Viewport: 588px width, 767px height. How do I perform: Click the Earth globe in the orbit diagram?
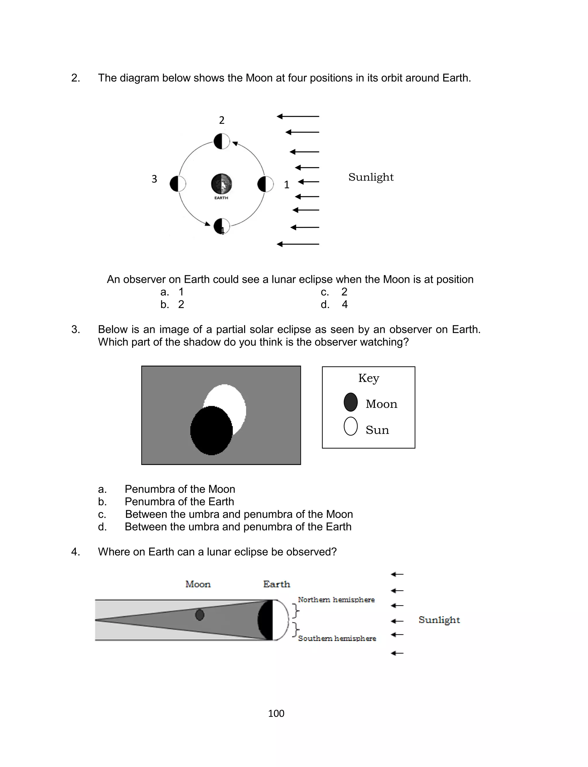[221, 184]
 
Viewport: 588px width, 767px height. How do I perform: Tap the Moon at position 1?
[265, 184]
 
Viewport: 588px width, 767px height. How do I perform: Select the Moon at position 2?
[222, 141]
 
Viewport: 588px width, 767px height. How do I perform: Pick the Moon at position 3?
[177, 184]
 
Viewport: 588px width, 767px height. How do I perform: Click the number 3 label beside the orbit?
[154, 179]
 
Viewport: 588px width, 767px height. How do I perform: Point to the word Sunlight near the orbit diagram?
[371, 177]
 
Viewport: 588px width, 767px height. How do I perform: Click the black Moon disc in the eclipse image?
[211, 430]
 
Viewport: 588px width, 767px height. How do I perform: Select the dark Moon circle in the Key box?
[350, 402]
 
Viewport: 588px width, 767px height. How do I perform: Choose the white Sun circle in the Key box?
[350, 426]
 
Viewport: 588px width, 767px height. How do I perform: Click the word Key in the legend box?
[369, 378]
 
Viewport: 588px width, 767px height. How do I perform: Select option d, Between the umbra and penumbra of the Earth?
[238, 526]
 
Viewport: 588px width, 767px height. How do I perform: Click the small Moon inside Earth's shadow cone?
[200, 615]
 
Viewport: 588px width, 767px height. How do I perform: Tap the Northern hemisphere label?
[336, 599]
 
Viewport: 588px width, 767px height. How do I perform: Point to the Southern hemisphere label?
[337, 638]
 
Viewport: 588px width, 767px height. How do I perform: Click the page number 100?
[276, 714]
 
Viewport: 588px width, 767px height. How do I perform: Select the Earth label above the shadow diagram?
[276, 584]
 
